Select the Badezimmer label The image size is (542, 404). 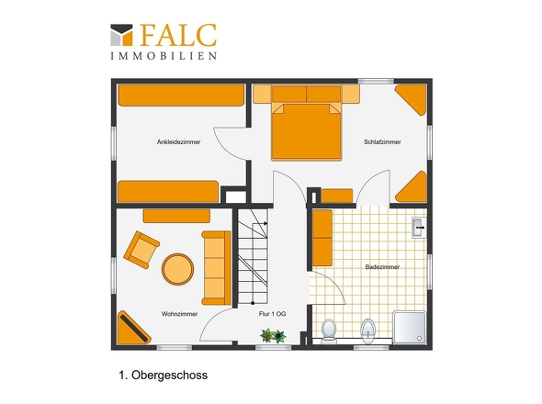pos(380,266)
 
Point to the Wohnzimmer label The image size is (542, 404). pos(179,314)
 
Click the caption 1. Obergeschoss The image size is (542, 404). pos(164,375)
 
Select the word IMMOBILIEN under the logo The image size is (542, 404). pos(164,55)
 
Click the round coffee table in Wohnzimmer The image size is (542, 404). pos(176,268)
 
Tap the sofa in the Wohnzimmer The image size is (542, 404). pos(216,267)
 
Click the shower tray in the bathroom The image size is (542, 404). pos(410,327)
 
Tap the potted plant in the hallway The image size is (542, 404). pos(272,337)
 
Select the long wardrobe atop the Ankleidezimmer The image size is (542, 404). pos(180,95)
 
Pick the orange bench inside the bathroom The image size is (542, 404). pos(322,238)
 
